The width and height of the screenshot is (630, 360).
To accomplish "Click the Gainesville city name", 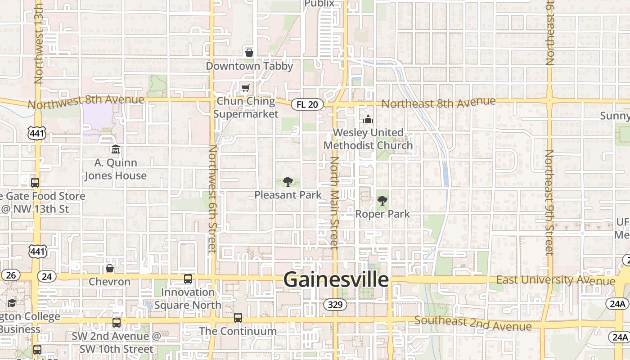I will point(336,279).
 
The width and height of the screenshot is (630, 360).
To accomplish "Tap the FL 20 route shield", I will point(307,104).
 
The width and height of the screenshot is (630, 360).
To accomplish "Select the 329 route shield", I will point(335,305).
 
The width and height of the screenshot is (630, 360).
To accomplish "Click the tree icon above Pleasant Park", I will point(288,182).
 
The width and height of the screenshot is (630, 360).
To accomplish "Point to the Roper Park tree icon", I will point(382,201).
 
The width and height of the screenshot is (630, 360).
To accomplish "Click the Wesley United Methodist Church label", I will point(368,139).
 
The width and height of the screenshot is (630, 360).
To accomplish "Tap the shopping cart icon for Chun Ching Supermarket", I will point(245,88).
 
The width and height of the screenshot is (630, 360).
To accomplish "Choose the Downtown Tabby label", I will point(249,66).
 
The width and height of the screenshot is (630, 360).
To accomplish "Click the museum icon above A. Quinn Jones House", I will point(116,149).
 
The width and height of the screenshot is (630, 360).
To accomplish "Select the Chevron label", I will point(109,282).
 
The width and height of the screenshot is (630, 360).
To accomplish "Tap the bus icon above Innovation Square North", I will point(188,279).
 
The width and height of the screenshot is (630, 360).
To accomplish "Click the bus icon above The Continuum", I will point(238,318).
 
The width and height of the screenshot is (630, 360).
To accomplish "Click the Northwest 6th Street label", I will point(213,198).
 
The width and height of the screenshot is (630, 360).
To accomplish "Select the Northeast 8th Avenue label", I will point(438,103).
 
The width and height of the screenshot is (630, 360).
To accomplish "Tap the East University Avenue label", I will point(555,280).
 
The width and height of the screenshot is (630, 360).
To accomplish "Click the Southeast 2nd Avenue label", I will point(473,323).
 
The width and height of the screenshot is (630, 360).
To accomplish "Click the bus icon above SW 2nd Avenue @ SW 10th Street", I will point(117,322).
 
